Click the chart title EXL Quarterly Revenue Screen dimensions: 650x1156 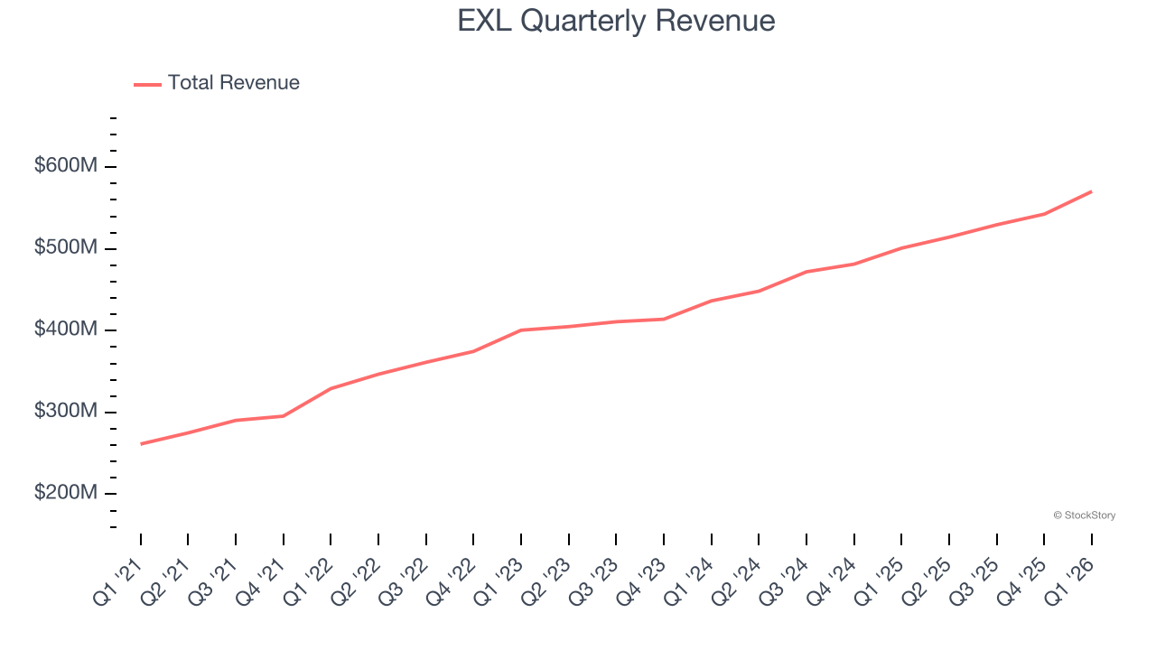616,21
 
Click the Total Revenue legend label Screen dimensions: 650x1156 233,83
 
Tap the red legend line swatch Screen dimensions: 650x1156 147,84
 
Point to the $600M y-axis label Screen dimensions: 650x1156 67,167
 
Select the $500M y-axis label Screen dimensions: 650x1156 67,248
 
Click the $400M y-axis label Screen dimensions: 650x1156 67,330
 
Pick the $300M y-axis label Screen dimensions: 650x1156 67,412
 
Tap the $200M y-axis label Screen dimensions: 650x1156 67,494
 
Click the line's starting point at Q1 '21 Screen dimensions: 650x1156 141,444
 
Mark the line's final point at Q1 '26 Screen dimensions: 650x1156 1092,191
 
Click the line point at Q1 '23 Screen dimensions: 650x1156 521,330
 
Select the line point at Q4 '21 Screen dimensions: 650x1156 284,416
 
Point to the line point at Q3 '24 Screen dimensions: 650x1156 806,272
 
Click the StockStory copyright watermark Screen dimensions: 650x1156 1084,515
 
